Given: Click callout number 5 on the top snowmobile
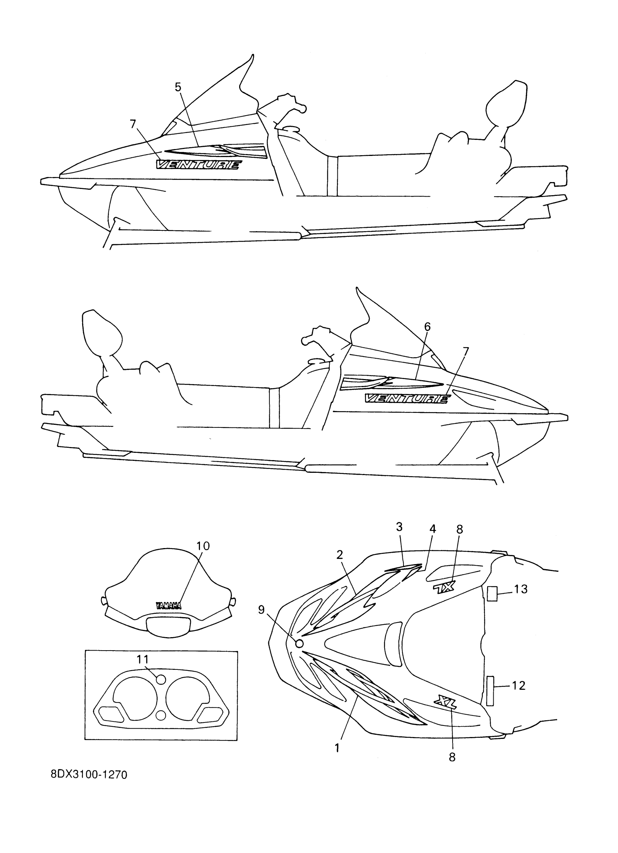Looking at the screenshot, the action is [178, 87].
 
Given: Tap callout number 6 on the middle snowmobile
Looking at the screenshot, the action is [427, 327].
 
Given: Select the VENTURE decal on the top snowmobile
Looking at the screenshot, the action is [199, 165].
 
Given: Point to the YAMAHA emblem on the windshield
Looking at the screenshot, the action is [169, 605].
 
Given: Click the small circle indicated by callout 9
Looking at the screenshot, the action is [300, 644].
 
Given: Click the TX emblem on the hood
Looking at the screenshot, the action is [444, 587].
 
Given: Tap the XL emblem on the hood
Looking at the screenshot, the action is [445, 701].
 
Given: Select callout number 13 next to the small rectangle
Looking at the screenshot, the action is [521, 590].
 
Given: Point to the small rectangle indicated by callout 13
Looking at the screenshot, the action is [492, 594].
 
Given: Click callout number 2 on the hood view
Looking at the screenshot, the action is [340, 554].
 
